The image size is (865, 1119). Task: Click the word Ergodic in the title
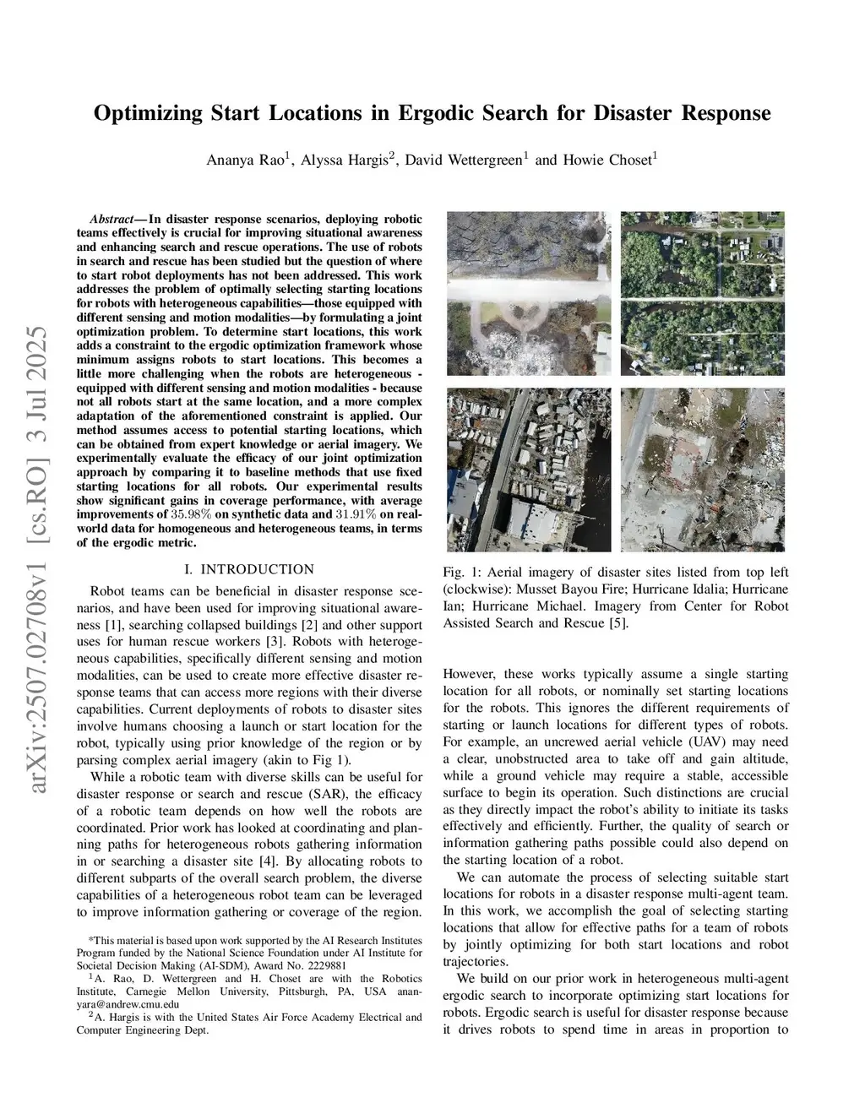coord(432,113)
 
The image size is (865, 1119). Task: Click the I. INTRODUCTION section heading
coord(248,569)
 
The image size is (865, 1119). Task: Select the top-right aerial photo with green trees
coord(702,293)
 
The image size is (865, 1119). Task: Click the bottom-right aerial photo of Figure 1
coord(702,469)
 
